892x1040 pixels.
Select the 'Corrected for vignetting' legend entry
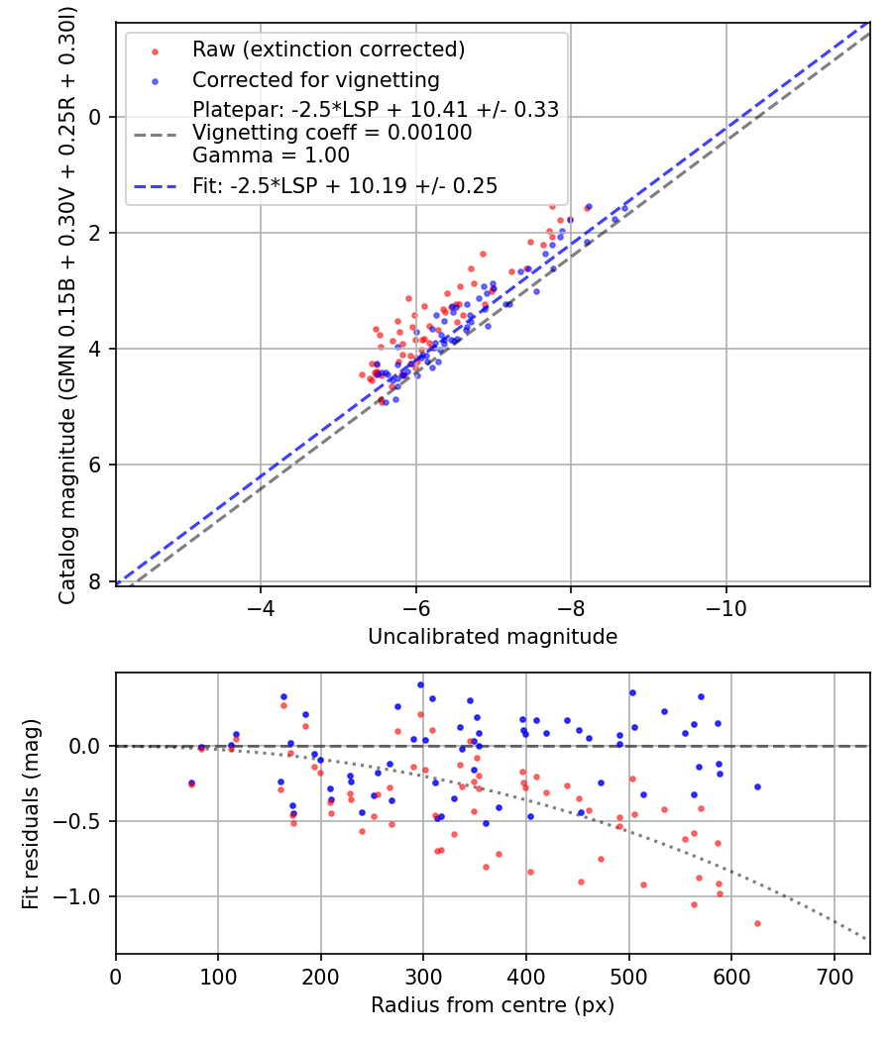315,79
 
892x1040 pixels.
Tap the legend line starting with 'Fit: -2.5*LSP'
345,185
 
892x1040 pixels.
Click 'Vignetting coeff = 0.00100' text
332,132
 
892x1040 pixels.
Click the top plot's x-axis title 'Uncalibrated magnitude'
493,637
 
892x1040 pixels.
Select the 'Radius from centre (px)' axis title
493,1005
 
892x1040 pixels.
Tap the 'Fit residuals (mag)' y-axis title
31,814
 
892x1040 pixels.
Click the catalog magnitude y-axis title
67,301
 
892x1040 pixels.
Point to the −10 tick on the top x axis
725,608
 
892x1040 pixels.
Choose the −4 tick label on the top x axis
261,608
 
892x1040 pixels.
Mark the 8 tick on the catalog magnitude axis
96,581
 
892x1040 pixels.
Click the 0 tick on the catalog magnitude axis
96,117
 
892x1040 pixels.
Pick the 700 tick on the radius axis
834,977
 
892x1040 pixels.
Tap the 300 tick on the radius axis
423,977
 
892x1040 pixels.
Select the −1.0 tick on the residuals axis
81,897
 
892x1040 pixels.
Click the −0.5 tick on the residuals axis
81,821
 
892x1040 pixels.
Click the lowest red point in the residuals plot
757,923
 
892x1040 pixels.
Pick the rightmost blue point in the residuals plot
757,786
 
